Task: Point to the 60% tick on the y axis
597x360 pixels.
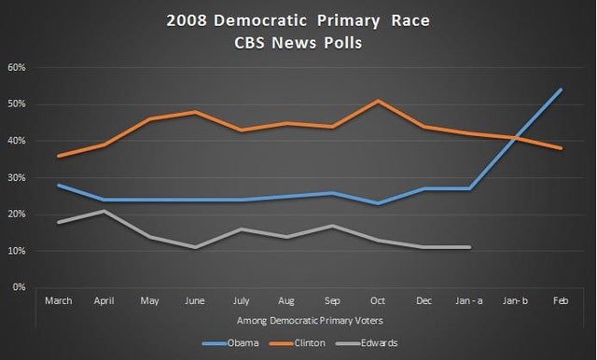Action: [x=17, y=67]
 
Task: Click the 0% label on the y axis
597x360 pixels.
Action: [x=20, y=287]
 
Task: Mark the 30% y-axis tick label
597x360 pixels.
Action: [x=17, y=177]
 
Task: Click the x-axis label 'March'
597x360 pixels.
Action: [x=59, y=300]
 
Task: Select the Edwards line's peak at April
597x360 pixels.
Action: [x=104, y=211]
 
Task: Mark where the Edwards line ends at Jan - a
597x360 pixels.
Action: [x=468, y=247]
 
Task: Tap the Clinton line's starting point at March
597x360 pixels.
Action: [x=59, y=156]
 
